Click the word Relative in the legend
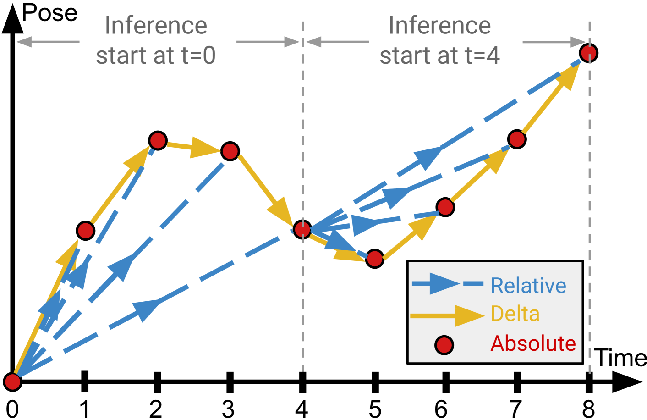coord(528,286)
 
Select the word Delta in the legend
coord(515,314)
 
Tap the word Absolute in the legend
coord(533,343)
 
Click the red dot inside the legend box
coord(444,345)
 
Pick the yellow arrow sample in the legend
coord(447,315)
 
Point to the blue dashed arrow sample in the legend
coord(447,284)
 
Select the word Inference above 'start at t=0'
coord(156,25)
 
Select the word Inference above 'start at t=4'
coord(439,25)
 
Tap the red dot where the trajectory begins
coord(13,381)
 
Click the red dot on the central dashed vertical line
coord(302,229)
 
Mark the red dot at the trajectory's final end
coord(588,53)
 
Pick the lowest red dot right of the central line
coord(375,259)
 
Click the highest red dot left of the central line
coord(158,140)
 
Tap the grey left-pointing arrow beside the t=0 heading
coord(48,42)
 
